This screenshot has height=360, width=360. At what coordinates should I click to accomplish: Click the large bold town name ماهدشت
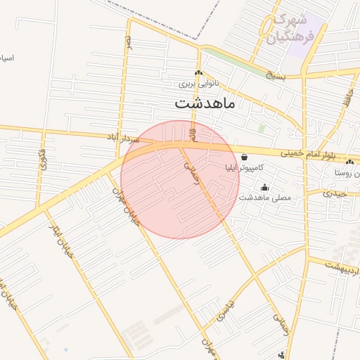(x=205, y=103)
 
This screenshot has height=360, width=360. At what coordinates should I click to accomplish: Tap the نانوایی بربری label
(x=198, y=83)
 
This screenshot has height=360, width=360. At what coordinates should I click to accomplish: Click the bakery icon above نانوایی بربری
(x=198, y=72)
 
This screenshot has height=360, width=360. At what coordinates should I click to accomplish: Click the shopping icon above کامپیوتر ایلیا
(x=243, y=157)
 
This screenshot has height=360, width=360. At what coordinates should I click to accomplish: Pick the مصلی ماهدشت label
(x=264, y=198)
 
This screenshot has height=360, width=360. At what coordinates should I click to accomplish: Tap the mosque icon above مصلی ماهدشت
(x=264, y=187)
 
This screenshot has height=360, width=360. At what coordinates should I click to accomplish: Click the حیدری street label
(x=336, y=192)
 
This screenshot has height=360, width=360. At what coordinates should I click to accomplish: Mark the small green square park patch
(x=262, y=129)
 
